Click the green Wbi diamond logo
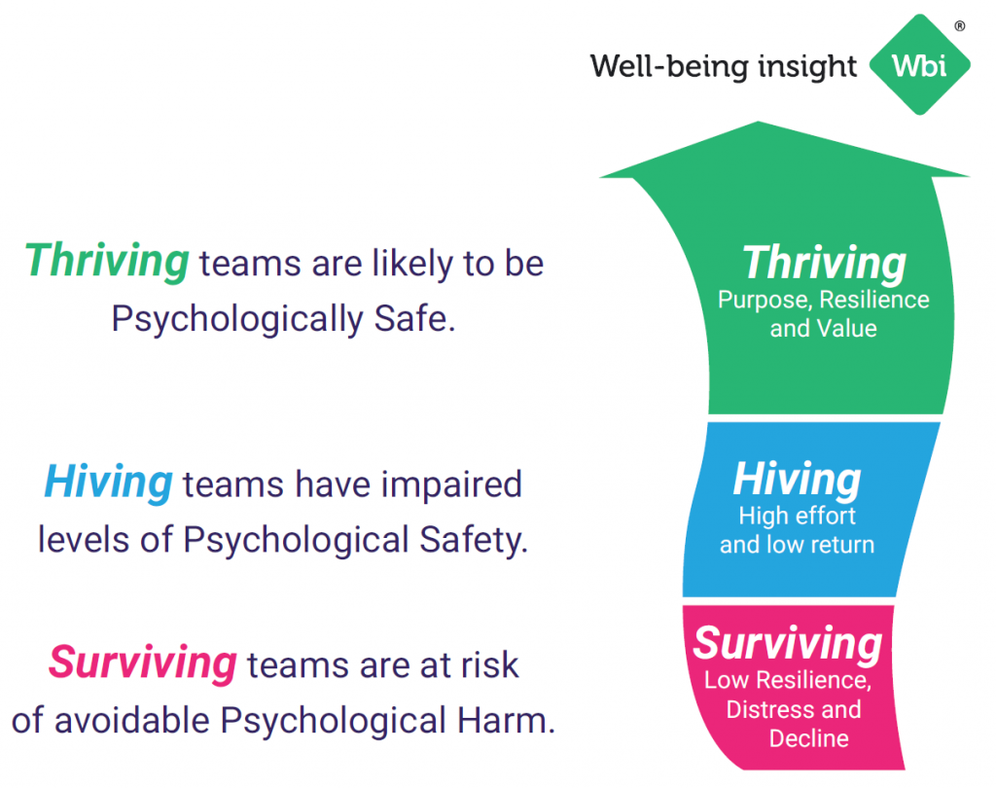(x=919, y=65)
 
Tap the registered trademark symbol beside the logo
(x=960, y=26)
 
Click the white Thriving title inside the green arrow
(x=824, y=263)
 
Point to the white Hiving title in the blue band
(x=798, y=479)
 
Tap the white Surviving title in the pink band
(x=788, y=644)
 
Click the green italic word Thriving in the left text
(x=107, y=261)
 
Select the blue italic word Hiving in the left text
(x=108, y=483)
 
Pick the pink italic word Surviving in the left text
(x=143, y=663)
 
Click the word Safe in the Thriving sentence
(x=414, y=318)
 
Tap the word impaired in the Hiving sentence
(x=451, y=485)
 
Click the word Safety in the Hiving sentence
(x=474, y=541)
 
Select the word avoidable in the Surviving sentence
(x=132, y=721)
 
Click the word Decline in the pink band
(x=808, y=738)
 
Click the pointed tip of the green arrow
(x=758, y=122)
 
